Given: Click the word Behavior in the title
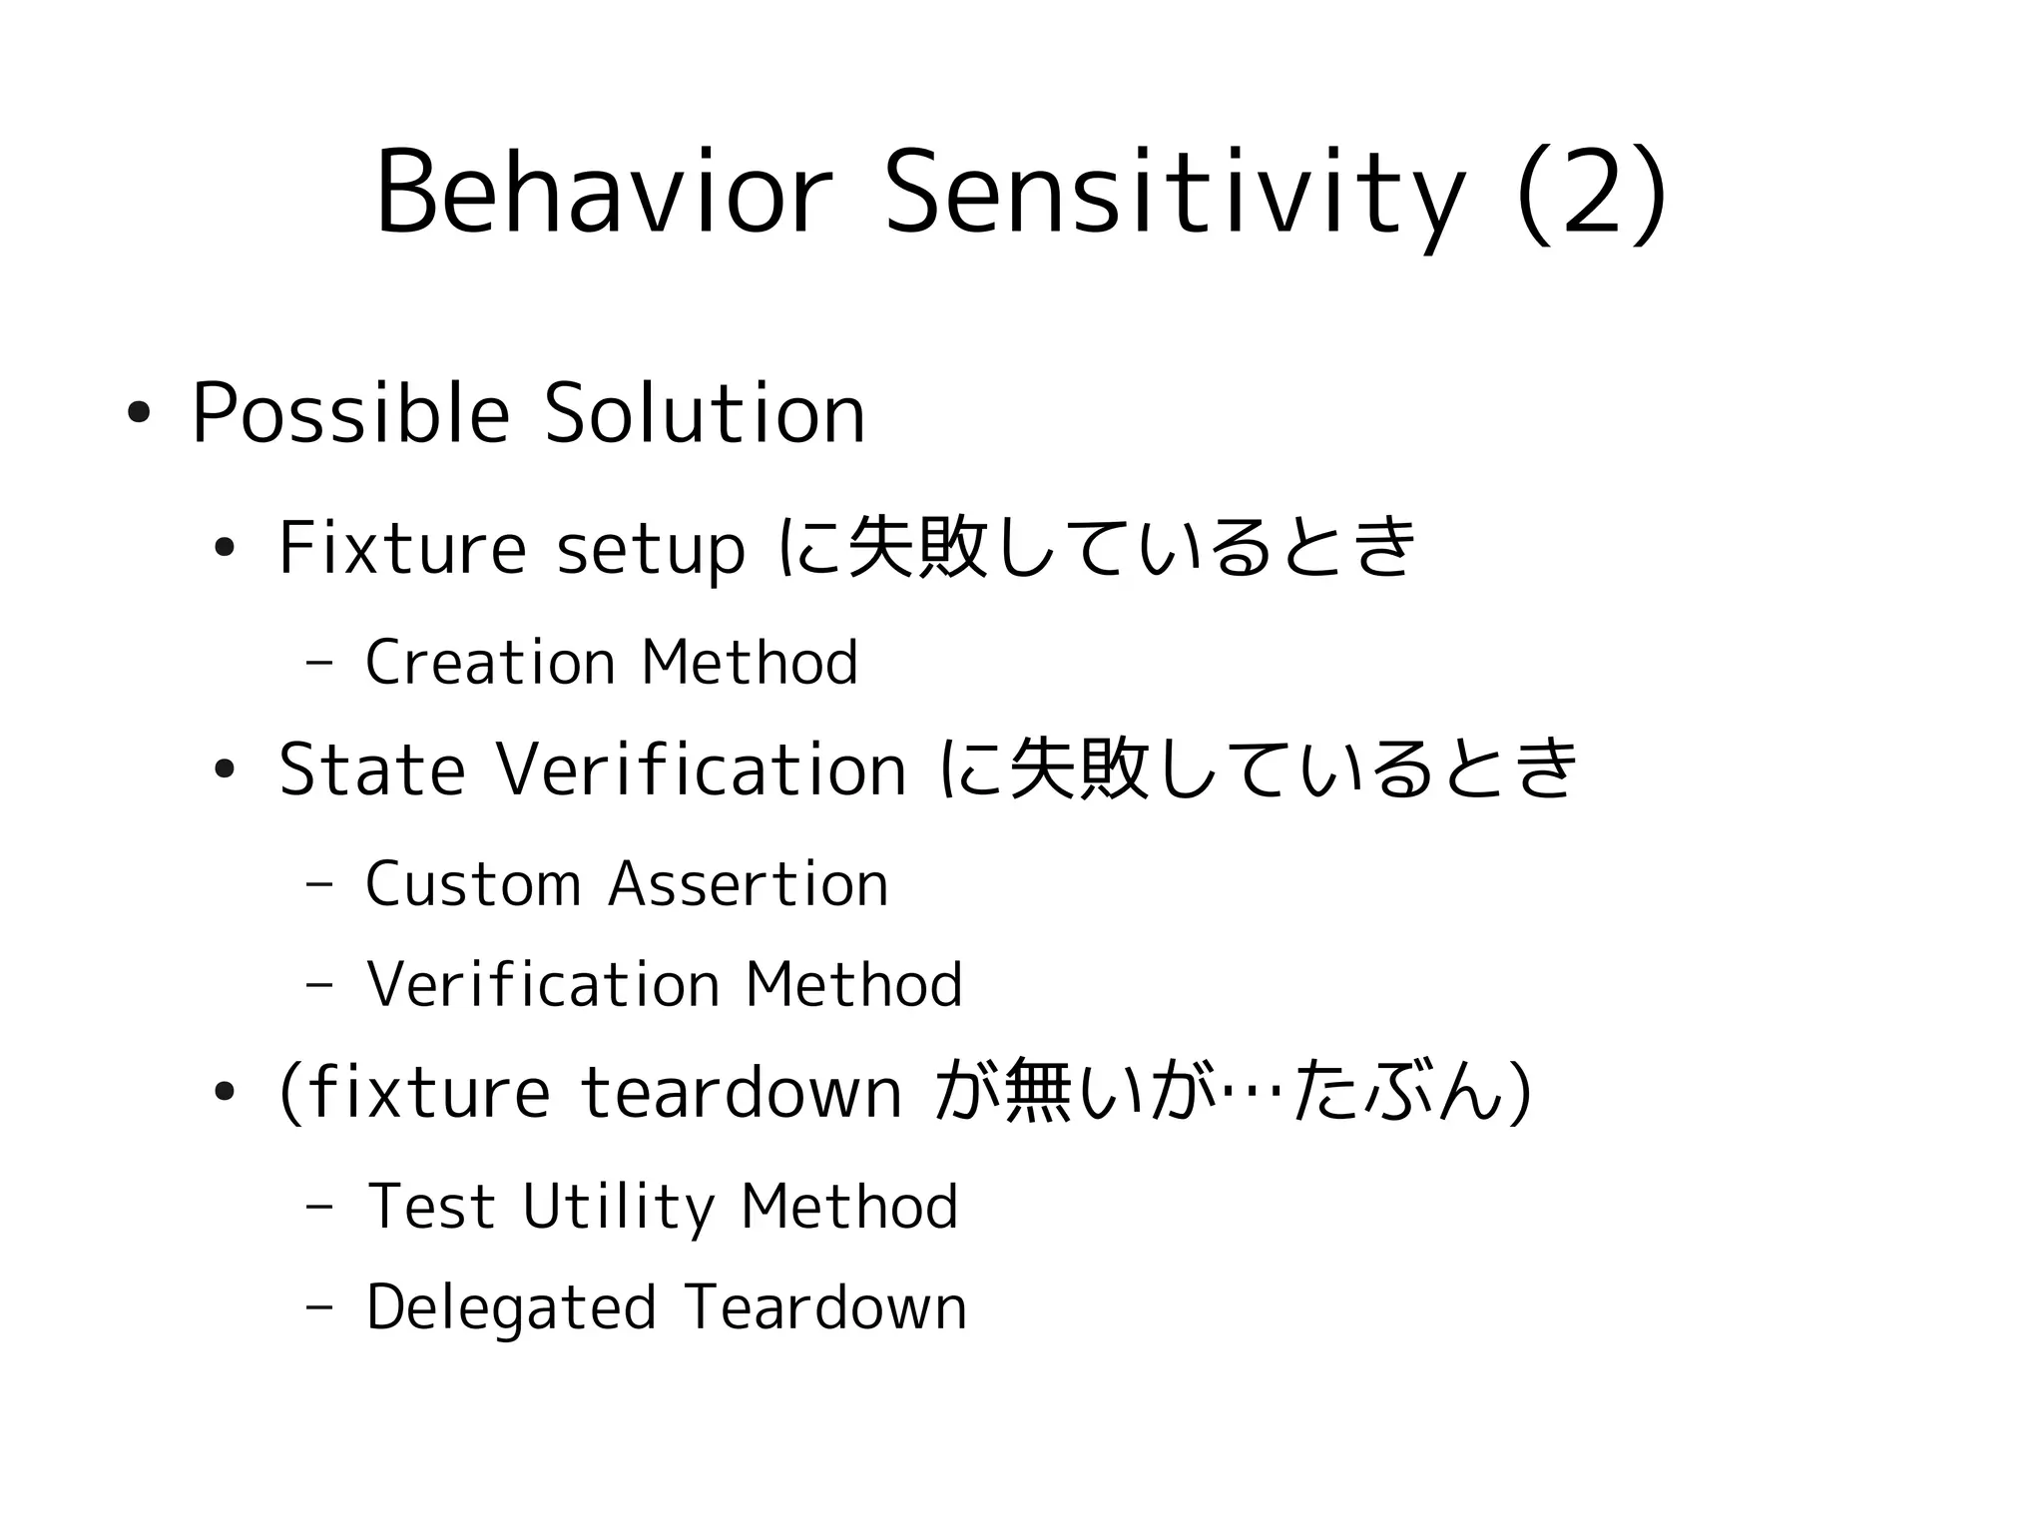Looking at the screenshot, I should [603, 193].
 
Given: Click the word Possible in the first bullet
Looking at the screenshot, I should [350, 414].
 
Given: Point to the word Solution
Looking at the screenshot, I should [705, 414].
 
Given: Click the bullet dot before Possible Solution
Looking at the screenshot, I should [139, 412].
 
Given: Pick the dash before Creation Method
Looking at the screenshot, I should [320, 663].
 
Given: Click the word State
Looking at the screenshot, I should [371, 769].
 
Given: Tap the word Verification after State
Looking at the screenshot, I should [702, 769].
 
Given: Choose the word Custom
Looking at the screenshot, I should [473, 884].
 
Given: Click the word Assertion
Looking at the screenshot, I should [749, 884].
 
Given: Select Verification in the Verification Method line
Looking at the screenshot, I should [544, 985].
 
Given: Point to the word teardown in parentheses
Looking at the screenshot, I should [741, 1092].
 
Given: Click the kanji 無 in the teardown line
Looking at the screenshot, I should [1038, 1092].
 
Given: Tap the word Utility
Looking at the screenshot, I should [619, 1208].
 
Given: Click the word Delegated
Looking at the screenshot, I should [511, 1308].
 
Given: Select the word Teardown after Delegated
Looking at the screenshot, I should [826, 1308].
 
